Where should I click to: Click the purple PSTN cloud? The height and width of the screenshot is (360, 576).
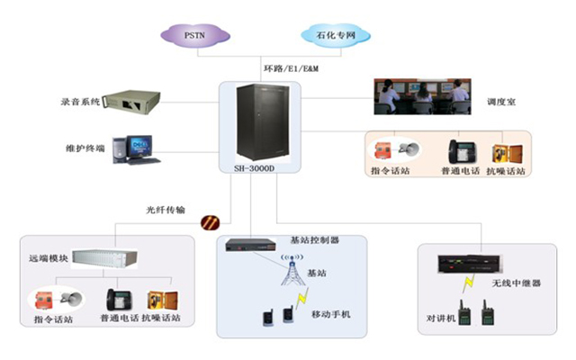tap(195, 36)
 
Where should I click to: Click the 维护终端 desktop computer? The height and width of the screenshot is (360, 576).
tap(136, 148)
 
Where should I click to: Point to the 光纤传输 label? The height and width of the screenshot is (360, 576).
tap(166, 209)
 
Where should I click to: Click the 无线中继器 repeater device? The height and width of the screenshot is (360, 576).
tap(467, 264)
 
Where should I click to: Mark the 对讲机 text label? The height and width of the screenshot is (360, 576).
tap(443, 318)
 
